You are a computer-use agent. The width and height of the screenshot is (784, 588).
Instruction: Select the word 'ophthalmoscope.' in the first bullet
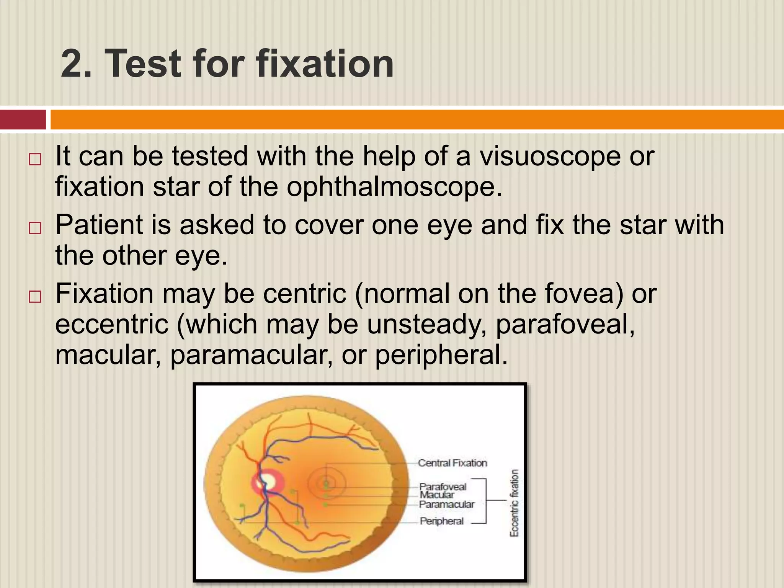[x=394, y=188]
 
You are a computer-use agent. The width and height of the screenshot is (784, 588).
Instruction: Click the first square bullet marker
[x=35, y=159]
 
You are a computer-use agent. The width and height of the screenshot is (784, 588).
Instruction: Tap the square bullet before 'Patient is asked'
[x=35, y=228]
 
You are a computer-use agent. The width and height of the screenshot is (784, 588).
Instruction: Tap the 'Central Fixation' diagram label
[x=452, y=463]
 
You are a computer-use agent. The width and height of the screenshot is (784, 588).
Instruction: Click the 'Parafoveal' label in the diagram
[x=443, y=487]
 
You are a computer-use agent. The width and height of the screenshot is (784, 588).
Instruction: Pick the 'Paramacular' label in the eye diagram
[x=446, y=505]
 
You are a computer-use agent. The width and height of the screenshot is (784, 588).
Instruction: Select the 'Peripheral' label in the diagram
[x=441, y=521]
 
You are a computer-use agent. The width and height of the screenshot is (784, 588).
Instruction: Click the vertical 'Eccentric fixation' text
[x=514, y=503]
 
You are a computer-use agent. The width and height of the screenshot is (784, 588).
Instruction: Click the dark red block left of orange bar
[x=23, y=120]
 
